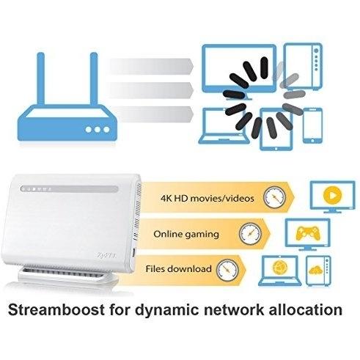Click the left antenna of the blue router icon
(x=41, y=78)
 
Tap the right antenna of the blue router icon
(x=94, y=78)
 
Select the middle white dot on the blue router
(x=98, y=130)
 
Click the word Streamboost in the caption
(x=56, y=311)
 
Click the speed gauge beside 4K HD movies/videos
(x=274, y=197)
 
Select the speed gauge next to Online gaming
(x=250, y=234)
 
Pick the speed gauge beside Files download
(x=227, y=270)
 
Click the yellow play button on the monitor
(x=332, y=195)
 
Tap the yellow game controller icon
(x=308, y=233)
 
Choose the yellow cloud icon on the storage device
(x=315, y=270)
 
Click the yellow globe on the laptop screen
(x=279, y=268)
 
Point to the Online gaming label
(x=186, y=235)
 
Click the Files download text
(x=178, y=269)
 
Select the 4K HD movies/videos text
(x=207, y=198)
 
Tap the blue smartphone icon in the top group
(x=312, y=125)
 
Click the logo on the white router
(x=107, y=255)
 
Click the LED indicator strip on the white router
(x=70, y=189)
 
